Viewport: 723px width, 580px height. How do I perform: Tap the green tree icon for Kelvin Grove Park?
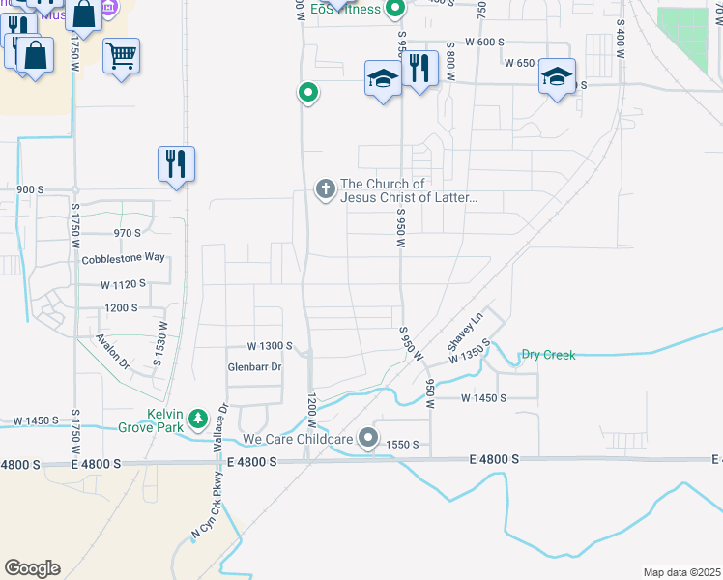(198, 419)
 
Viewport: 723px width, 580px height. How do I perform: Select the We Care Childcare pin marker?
(367, 439)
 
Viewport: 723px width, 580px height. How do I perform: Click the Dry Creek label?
(548, 355)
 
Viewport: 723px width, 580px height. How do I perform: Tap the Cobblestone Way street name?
(124, 258)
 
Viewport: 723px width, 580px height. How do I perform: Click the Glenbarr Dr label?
(254, 367)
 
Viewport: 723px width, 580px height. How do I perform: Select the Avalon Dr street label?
(112, 353)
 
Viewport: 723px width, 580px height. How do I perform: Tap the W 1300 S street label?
(270, 345)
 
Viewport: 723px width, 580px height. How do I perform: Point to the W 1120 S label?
(123, 284)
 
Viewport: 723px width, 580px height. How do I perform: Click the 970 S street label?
(128, 233)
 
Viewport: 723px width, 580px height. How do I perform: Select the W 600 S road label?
(484, 42)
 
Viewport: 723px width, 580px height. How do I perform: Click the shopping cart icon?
(121, 57)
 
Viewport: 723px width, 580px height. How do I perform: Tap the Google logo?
(32, 568)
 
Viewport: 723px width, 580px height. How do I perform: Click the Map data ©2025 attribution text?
(681, 572)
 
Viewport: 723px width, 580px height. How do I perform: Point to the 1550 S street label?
(401, 444)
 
